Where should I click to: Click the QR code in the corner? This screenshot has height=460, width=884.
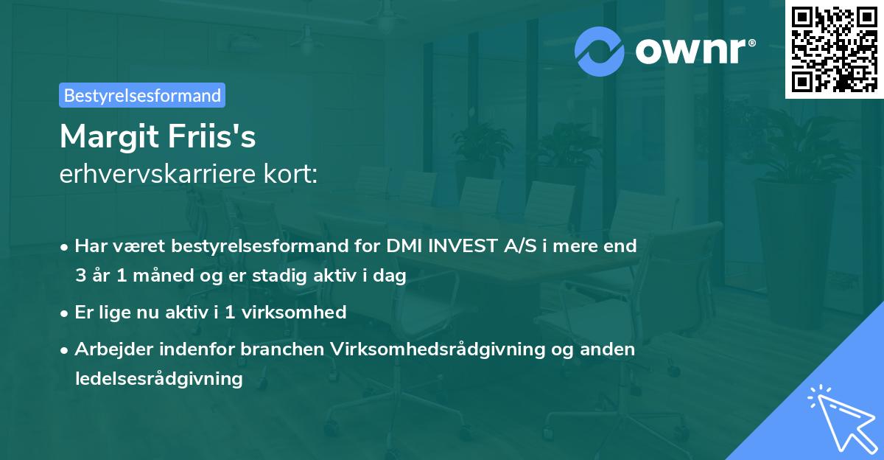835,49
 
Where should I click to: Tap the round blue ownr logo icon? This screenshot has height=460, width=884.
600,52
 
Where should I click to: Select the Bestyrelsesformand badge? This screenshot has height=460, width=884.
142,95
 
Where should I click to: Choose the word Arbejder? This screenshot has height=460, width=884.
114,349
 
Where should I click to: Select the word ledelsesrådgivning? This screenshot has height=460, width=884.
158,379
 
